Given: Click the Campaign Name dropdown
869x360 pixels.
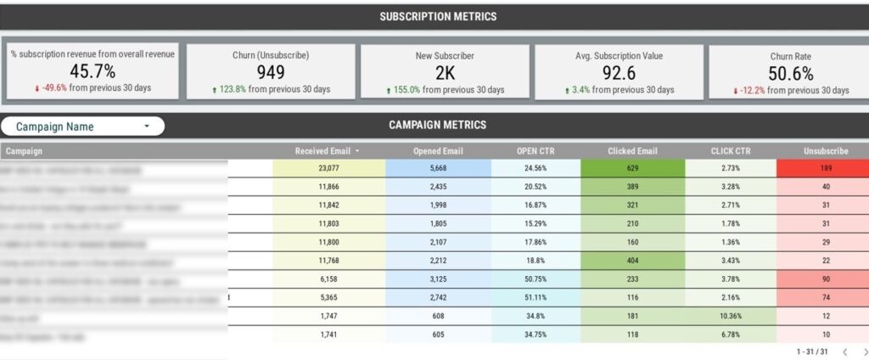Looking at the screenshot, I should click(x=82, y=127).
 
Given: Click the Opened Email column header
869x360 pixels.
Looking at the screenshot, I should click(x=438, y=152).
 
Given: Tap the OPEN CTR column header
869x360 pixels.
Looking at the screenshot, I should click(x=535, y=152).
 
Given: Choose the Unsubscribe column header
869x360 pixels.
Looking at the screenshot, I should click(x=826, y=152).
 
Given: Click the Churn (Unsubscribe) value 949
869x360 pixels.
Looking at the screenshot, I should click(x=270, y=72).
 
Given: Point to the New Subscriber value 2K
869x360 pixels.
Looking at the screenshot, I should click(x=445, y=72).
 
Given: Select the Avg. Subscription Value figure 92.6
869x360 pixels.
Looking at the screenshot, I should click(x=619, y=72).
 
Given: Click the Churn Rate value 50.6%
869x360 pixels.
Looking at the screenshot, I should click(x=791, y=72).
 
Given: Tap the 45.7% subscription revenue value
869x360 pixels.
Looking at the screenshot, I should click(x=92, y=71).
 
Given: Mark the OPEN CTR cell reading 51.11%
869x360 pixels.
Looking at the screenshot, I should click(x=535, y=299).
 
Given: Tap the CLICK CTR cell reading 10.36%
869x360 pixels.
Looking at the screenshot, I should click(x=731, y=316).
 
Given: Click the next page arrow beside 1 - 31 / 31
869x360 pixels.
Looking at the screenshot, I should click(x=864, y=352).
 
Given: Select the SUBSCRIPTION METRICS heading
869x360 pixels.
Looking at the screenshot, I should click(x=438, y=17).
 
